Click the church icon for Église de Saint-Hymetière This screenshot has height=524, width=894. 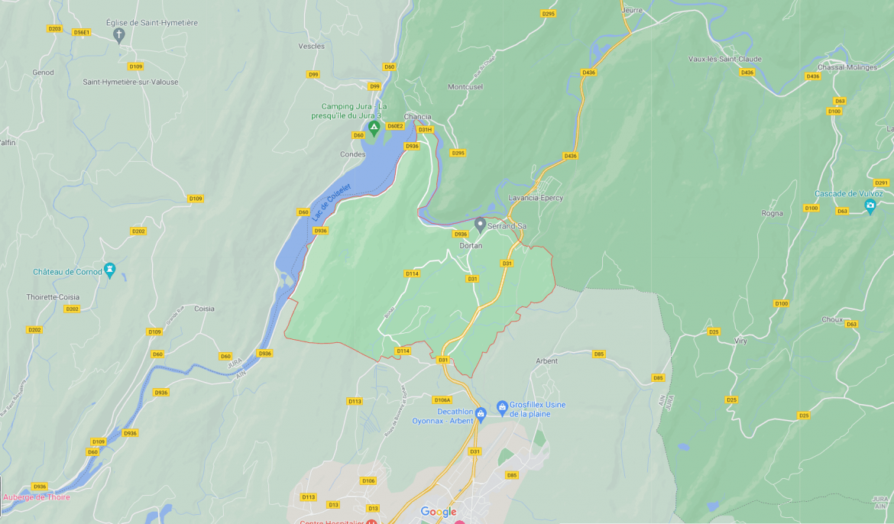click(x=118, y=35)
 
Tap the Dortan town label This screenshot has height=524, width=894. click(x=471, y=246)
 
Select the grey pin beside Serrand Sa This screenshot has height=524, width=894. click(x=480, y=225)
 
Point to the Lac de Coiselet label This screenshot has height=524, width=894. click(x=331, y=202)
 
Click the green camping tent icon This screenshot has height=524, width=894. click(x=374, y=127)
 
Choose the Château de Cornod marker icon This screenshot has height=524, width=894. click(x=109, y=270)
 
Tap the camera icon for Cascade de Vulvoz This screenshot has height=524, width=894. click(x=870, y=205)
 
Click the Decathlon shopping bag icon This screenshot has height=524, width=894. click(x=481, y=415)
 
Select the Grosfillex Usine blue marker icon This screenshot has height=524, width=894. click(x=502, y=406)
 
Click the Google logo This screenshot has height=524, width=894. click(x=439, y=512)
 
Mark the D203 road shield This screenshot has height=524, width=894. click(x=54, y=29)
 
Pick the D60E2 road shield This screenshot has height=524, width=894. click(x=395, y=126)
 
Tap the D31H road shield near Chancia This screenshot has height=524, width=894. click(x=425, y=130)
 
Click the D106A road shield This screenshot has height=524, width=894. click(x=442, y=399)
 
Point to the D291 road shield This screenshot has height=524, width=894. click(x=881, y=183)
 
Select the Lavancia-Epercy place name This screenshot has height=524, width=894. click(x=536, y=198)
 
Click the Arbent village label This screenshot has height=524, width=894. click(x=546, y=361)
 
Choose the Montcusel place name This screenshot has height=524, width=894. click(x=465, y=86)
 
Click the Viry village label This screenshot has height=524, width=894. click(x=740, y=341)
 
